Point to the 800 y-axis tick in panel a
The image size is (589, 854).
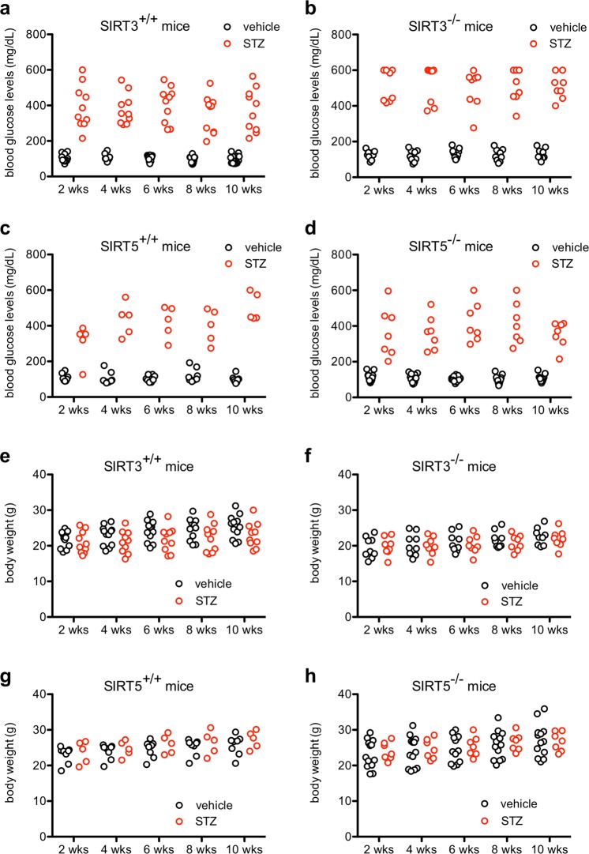pos(38,35)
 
